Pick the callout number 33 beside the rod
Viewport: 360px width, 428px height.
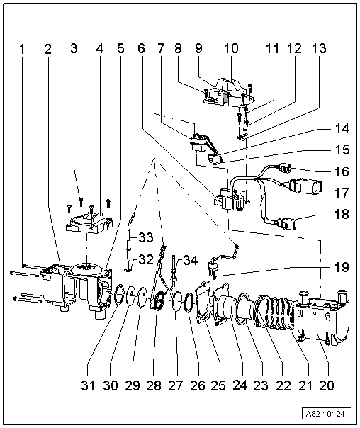[145, 236]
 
